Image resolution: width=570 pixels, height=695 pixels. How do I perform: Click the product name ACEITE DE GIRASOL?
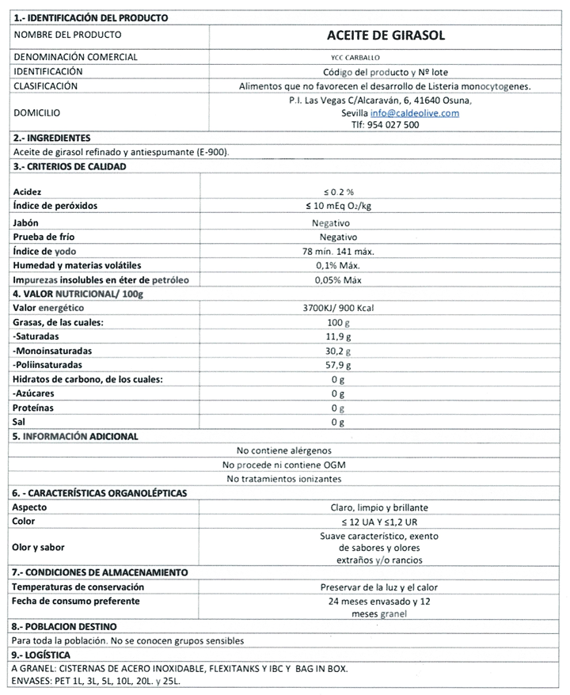pyautogui.click(x=386, y=35)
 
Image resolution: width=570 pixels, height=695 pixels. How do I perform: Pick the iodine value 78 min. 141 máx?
pyautogui.click(x=339, y=251)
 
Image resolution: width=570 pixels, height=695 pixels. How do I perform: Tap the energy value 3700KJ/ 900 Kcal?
pyautogui.click(x=339, y=307)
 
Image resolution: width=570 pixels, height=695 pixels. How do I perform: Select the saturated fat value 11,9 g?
pyautogui.click(x=339, y=336)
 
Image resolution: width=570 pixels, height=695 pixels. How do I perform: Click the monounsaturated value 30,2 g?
pyautogui.click(x=339, y=351)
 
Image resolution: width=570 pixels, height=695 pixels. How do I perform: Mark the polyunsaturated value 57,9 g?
pyautogui.click(x=339, y=365)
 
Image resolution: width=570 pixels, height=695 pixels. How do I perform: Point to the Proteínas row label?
pyautogui.click(x=32, y=408)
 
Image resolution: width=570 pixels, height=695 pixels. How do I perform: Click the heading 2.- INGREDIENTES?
pyautogui.click(x=51, y=139)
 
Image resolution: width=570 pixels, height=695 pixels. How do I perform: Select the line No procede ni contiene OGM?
pyautogui.click(x=284, y=465)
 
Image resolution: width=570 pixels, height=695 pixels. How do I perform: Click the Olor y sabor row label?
pyautogui.click(x=39, y=546)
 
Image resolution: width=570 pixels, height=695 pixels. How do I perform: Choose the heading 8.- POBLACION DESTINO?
pyautogui.click(x=64, y=627)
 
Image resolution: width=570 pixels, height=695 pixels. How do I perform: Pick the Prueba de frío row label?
pyautogui.click(x=44, y=236)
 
